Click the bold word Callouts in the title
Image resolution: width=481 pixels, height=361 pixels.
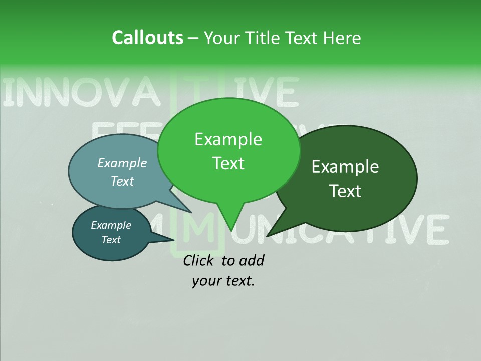pyautogui.click(x=147, y=38)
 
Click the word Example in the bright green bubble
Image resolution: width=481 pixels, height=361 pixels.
pyautogui.click(x=228, y=139)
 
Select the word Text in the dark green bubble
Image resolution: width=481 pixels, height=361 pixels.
pyautogui.click(x=346, y=191)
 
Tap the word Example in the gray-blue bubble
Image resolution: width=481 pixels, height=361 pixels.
pyautogui.click(x=122, y=163)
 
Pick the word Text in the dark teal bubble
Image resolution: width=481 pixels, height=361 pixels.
pyautogui.click(x=111, y=240)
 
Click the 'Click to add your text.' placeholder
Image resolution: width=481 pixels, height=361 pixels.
pyautogui.click(x=223, y=270)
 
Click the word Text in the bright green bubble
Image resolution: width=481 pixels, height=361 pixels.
pyautogui.click(x=228, y=163)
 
